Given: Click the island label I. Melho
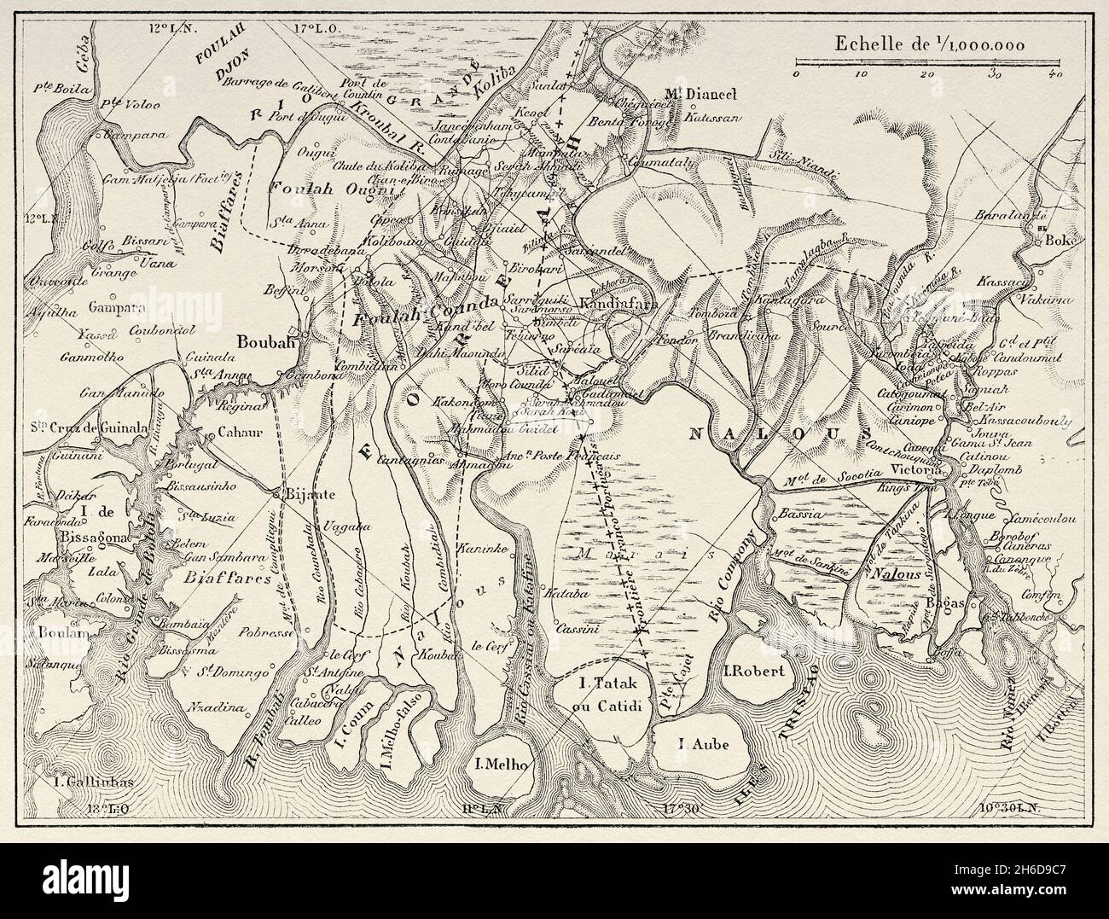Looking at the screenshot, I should coord(502,763).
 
